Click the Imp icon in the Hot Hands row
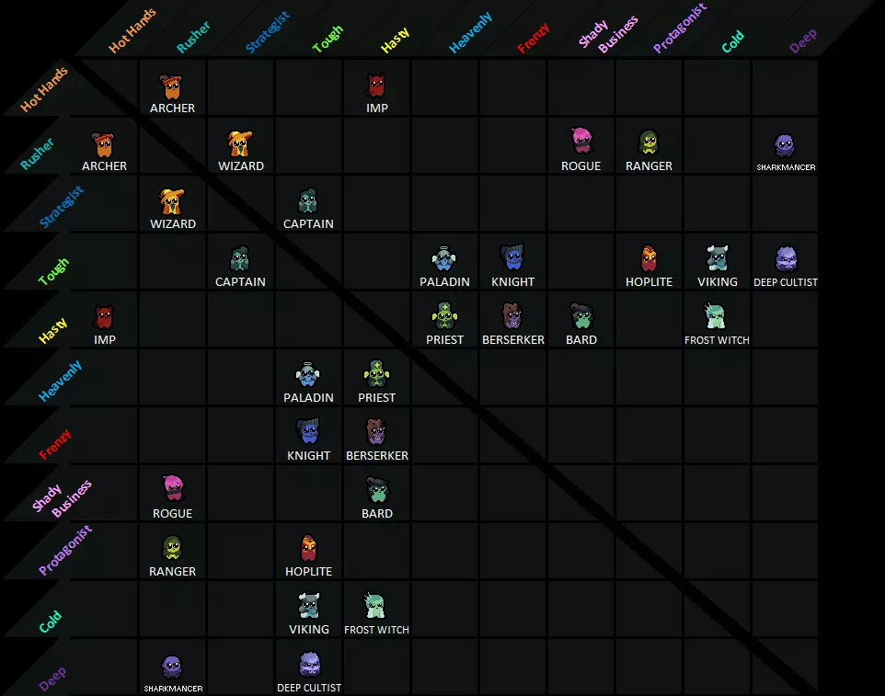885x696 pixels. tap(376, 86)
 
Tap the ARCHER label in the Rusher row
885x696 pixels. tap(105, 165)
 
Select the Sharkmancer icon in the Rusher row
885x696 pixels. tap(785, 146)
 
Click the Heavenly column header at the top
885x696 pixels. tap(470, 33)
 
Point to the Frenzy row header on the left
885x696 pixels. tap(55, 444)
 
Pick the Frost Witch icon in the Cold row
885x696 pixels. tap(374, 606)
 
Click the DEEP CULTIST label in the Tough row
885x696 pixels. tap(785, 282)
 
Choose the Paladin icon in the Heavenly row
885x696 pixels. tap(307, 374)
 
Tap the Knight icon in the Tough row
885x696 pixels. tap(512, 257)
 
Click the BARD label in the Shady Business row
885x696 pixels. tap(377, 513)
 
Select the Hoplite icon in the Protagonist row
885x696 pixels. tap(308, 548)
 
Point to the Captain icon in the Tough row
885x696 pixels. tap(240, 258)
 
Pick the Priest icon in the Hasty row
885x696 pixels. tap(444, 316)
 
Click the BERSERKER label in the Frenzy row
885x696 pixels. tap(377, 455)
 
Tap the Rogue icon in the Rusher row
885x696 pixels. tap(580, 141)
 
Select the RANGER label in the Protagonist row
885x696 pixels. tap(172, 571)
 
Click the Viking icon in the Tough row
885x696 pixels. tap(718, 257)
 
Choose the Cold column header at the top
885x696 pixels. tap(732, 41)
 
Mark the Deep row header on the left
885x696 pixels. tap(52, 679)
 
